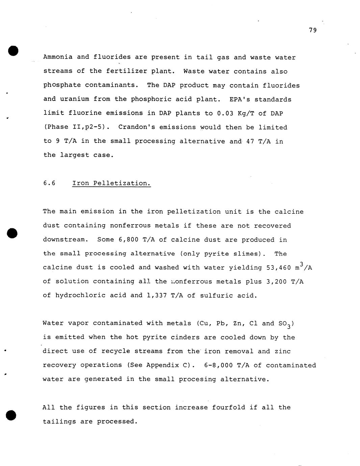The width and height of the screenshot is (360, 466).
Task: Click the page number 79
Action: pyautogui.click(x=313, y=30)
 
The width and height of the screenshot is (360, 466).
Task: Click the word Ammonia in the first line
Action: pyautogui.click(x=58, y=57)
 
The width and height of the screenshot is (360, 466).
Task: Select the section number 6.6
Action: pyautogui.click(x=49, y=183)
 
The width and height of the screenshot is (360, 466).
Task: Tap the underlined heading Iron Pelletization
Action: pyautogui.click(x=111, y=183)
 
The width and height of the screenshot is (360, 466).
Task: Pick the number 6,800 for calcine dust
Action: pyautogui.click(x=129, y=240)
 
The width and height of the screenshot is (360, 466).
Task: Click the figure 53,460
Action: pyautogui.click(x=279, y=268)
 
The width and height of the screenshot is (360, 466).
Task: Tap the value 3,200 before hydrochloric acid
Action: pyautogui.click(x=277, y=282)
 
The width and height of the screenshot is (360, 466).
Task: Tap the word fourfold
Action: pyautogui.click(x=229, y=407)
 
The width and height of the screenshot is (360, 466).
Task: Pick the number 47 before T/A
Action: pyautogui.click(x=250, y=141)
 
